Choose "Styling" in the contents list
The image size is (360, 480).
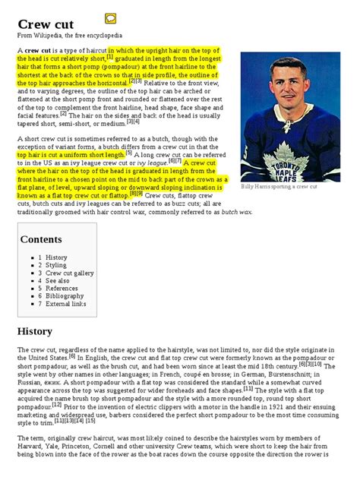56,265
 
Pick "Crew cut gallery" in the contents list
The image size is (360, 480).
69,273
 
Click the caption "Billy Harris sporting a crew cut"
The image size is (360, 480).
279,186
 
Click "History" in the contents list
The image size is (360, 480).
56,257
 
